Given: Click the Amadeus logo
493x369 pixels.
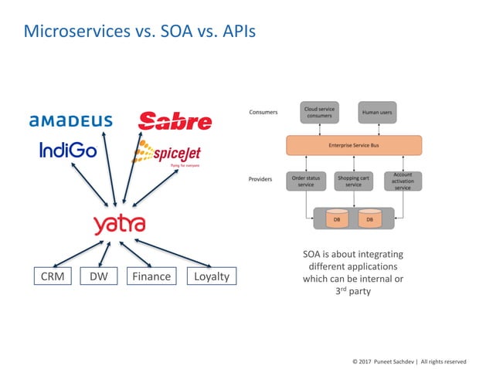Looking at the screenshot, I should tap(71, 120).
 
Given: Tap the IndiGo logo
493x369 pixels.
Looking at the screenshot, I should tap(69, 150).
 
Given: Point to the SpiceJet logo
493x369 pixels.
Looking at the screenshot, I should tap(167, 154).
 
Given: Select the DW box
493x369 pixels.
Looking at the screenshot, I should tap(98, 276).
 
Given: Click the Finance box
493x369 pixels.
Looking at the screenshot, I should tap(150, 276).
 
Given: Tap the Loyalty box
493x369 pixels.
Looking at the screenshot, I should tap(211, 276).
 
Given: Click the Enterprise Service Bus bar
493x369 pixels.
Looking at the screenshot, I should tap(353, 145).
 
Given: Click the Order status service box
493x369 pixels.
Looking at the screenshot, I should tap(306, 181).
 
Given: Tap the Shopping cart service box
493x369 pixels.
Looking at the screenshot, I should tap(353, 181).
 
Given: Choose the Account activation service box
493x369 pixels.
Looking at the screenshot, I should tap(403, 181).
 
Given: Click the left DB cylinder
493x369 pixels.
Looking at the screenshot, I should tap(335, 219).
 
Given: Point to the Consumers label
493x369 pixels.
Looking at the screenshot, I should tap(263, 113).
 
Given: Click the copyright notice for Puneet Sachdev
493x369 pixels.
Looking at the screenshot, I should tap(409, 361).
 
